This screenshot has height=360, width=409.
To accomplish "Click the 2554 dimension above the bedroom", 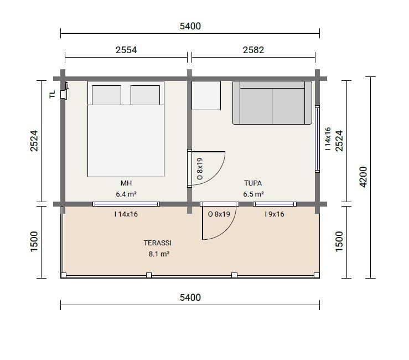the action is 126,50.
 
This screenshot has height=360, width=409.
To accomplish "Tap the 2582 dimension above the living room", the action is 253,50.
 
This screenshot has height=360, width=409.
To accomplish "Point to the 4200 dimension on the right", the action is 363,177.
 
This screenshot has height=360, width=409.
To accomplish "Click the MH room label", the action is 126,183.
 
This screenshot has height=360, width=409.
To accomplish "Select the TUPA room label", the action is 253,183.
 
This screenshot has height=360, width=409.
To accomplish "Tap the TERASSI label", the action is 158,243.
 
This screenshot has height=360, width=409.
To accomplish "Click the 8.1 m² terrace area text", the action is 159,254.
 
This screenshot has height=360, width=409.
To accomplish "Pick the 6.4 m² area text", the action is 126,194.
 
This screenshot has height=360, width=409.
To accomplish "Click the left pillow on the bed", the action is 106,95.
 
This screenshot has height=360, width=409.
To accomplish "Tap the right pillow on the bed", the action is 146,95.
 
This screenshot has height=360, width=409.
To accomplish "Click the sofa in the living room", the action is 272,102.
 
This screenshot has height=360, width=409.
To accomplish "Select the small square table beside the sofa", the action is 206,95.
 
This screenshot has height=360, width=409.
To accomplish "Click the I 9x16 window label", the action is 275,214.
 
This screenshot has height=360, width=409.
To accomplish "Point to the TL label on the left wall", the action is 53,94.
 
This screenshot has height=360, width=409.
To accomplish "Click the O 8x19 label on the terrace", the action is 219,214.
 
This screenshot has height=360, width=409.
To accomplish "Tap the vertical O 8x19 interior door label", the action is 200,168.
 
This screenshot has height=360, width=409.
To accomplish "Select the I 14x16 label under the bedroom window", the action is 126,214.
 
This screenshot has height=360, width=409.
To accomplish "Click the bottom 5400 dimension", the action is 190,297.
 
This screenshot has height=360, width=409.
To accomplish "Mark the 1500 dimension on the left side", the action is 34,241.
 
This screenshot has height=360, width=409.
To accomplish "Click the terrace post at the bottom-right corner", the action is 317,275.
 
